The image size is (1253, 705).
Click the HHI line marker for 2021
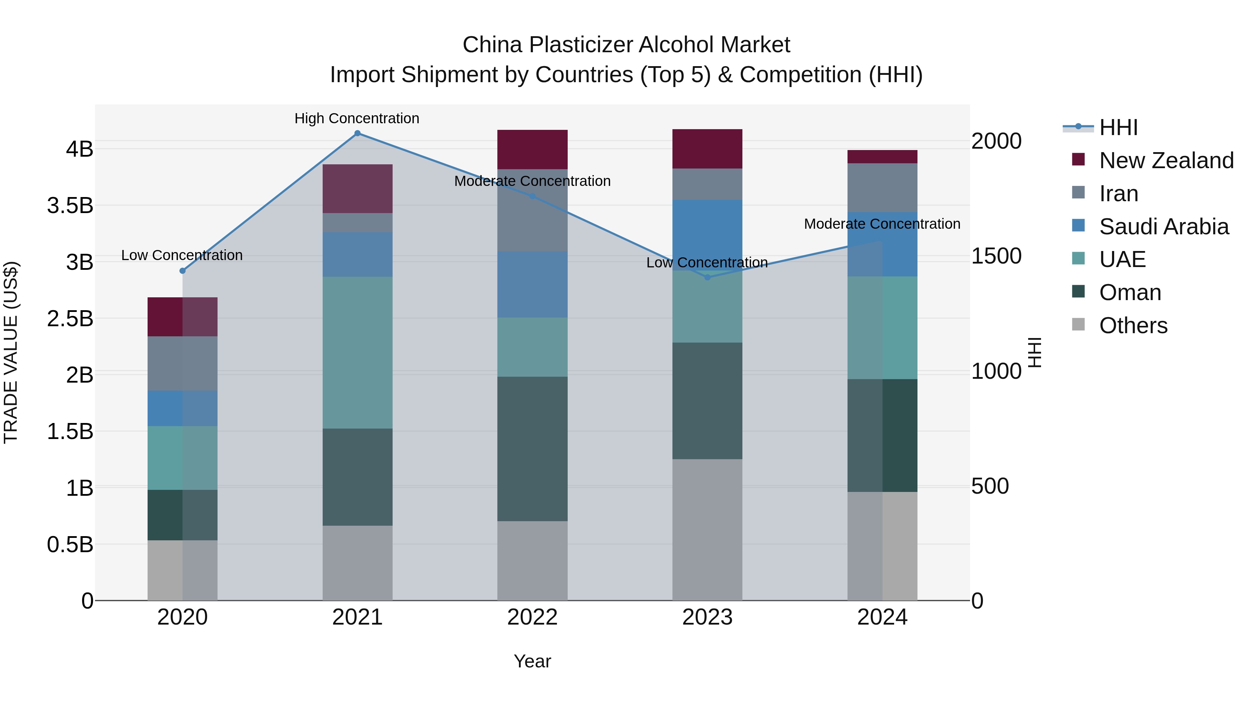tap(357, 133)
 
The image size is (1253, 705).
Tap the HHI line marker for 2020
tap(182, 271)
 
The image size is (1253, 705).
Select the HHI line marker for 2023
tap(707, 277)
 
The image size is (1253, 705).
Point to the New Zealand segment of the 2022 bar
tap(532, 149)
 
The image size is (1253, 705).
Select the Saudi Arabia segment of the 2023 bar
tap(707, 235)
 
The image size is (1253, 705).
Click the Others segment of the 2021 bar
tap(357, 563)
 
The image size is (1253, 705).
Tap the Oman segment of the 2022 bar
tap(532, 449)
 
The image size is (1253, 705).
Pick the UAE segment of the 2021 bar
tap(357, 352)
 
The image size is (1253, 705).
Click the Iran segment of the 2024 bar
tap(882, 188)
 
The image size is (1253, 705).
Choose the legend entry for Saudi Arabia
tap(1164, 227)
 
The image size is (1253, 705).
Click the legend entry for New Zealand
tap(1166, 160)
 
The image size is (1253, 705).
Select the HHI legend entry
tap(1118, 127)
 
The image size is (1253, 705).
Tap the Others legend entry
tap(1133, 326)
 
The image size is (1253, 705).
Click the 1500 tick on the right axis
tap(996, 256)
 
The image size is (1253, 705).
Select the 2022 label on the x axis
tap(532, 617)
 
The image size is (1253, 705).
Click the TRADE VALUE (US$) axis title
tap(11, 352)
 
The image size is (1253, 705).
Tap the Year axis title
tap(532, 661)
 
